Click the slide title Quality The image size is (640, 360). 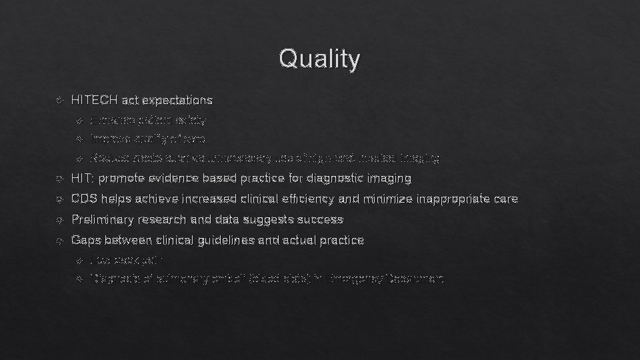coord(320,59)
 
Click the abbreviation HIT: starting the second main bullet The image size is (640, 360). coord(82,179)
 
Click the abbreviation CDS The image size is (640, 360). coord(84,199)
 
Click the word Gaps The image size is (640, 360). coord(84,239)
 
